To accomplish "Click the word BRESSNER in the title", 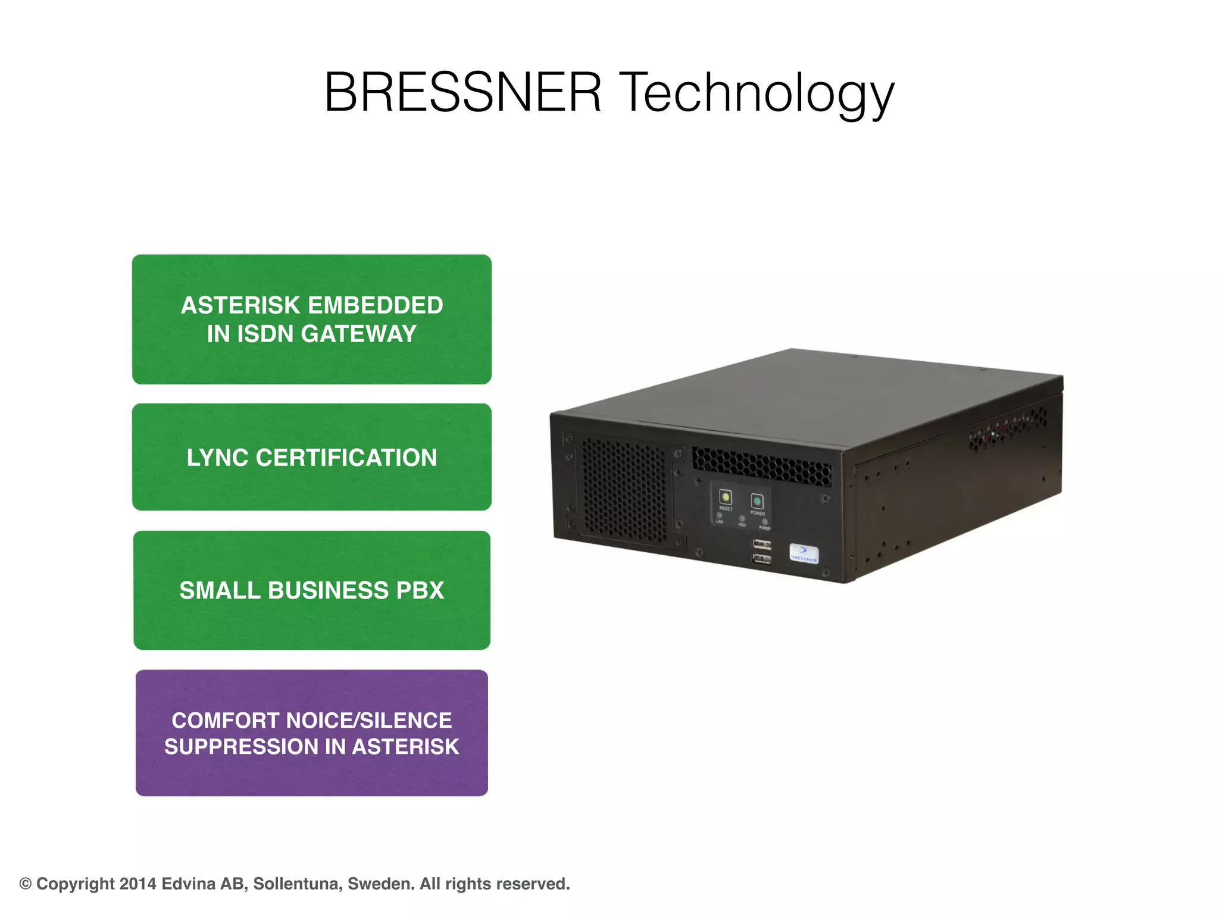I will pyautogui.click(x=462, y=92).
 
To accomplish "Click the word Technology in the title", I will pyautogui.click(x=757, y=94).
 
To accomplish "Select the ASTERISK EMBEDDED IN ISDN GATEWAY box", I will pyautogui.click(x=312, y=320).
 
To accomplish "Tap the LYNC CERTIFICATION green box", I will pyautogui.click(x=312, y=457).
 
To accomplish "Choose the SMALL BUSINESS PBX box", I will pyautogui.click(x=312, y=590).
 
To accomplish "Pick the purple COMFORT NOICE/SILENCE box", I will pyautogui.click(x=312, y=733).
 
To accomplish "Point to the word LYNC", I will pyautogui.click(x=217, y=458).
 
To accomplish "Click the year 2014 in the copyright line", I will pyautogui.click(x=138, y=884).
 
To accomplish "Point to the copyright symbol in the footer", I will pyautogui.click(x=26, y=884).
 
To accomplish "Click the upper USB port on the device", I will pyautogui.click(x=762, y=544).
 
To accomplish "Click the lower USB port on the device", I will pyautogui.click(x=762, y=559).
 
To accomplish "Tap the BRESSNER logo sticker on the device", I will pyautogui.click(x=804, y=553).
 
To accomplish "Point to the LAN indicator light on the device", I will pyautogui.click(x=720, y=516).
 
